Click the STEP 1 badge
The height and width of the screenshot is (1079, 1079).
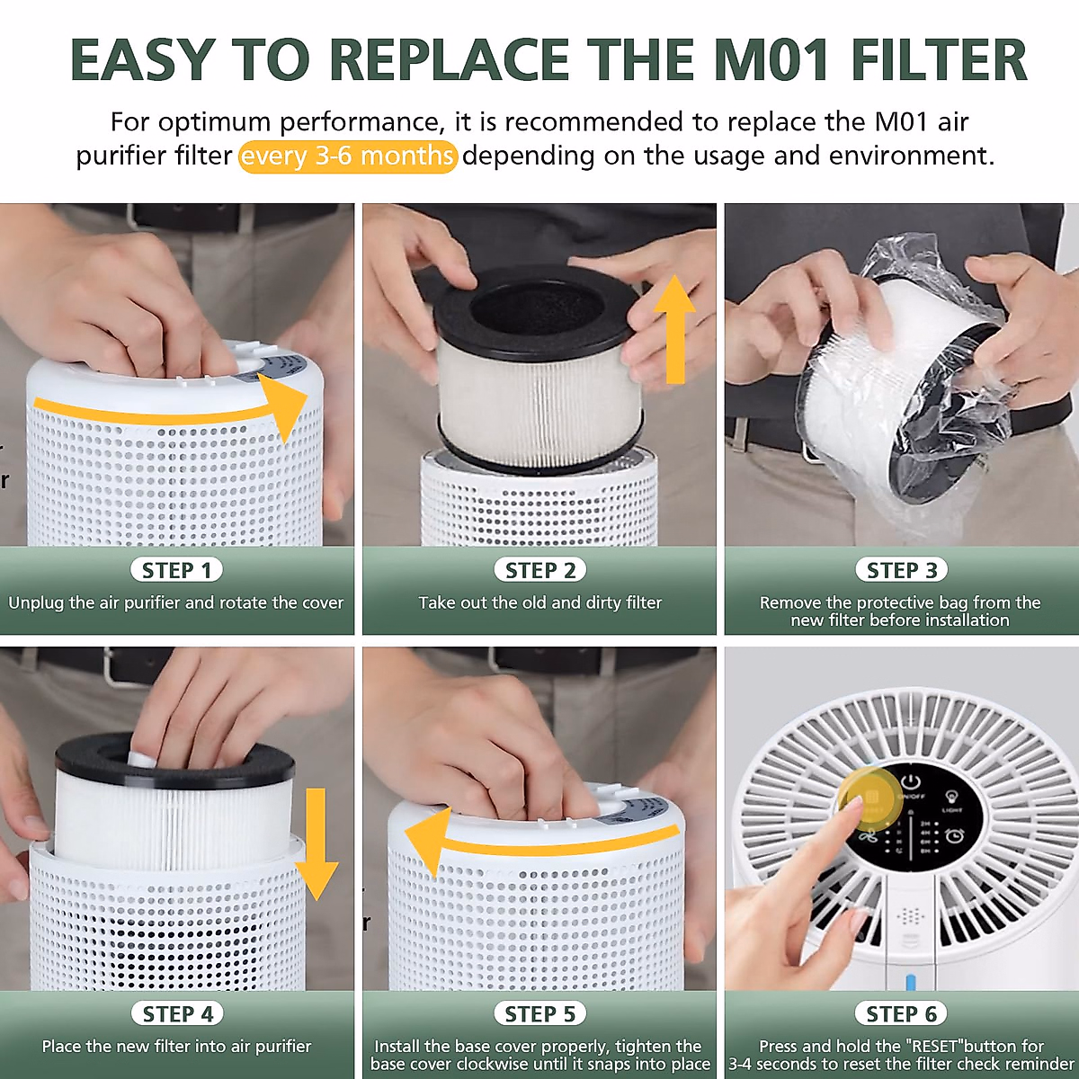click(x=176, y=570)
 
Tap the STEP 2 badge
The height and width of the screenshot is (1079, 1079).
click(x=539, y=570)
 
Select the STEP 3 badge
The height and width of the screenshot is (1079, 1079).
click(x=901, y=570)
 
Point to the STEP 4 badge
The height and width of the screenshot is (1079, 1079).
click(x=176, y=1013)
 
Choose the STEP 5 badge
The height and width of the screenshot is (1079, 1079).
click(x=539, y=1013)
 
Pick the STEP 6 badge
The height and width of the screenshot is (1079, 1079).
click(x=901, y=1013)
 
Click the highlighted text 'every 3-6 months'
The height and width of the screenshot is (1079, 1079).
click(x=348, y=156)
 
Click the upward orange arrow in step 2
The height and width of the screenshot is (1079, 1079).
click(x=673, y=328)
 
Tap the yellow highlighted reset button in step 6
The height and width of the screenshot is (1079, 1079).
click(x=869, y=798)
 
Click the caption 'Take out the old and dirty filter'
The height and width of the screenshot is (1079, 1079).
click(x=539, y=602)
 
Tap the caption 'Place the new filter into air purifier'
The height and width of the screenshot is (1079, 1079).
click(x=176, y=1046)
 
